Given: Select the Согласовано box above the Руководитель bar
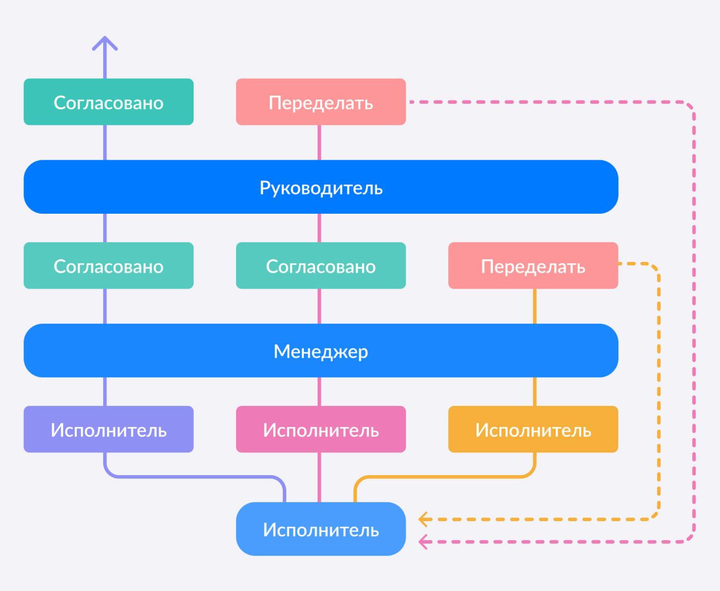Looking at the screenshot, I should tap(109, 102).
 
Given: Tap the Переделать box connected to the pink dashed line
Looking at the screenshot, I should tap(321, 102).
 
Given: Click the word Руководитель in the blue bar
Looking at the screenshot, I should tap(321, 188).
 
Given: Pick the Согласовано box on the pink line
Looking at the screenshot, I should tap(321, 266).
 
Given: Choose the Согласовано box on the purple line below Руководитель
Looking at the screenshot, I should tap(109, 266).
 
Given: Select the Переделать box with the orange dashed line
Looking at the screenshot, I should tap(533, 266).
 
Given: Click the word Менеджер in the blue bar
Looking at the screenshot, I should tap(321, 351).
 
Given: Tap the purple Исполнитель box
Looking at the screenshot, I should tap(109, 429).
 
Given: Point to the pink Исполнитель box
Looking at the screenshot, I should tap(321, 429).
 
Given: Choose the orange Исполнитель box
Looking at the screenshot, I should tap(533, 429).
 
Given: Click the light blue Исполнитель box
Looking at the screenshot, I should tap(321, 529).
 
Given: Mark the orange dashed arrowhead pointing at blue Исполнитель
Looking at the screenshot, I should tap(423, 519).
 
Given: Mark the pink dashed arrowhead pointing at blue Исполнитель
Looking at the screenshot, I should tap(423, 542).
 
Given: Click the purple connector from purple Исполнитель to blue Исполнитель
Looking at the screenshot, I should tap(196, 477).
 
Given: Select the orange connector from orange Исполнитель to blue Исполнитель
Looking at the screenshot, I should tap(445, 477).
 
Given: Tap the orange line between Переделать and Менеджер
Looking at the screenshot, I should tap(535, 306).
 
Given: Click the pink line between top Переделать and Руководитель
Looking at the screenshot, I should tap(319, 142).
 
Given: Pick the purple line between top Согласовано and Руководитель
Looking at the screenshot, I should tap(105, 142).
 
